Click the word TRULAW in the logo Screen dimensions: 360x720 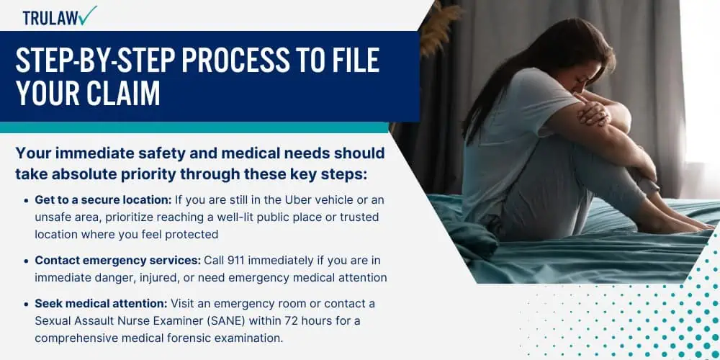click(x=50, y=18)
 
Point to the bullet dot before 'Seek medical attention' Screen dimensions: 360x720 click(x=27, y=304)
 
